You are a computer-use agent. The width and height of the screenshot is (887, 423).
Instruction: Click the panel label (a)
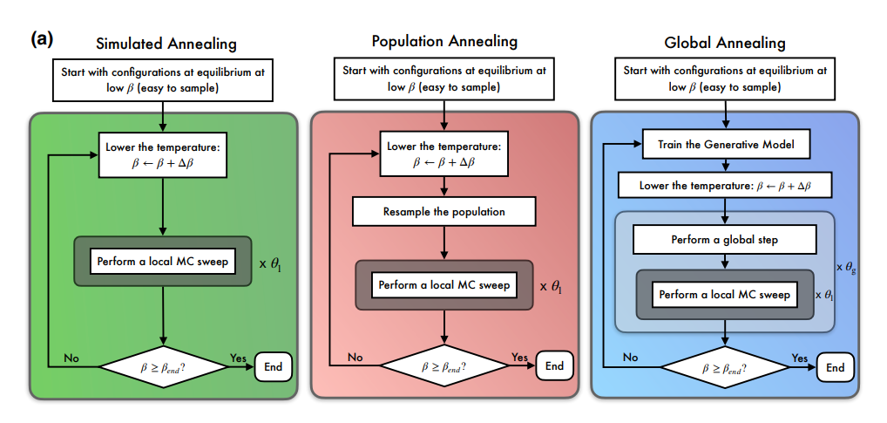click(43, 38)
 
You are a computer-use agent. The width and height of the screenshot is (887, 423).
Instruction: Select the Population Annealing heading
click(444, 41)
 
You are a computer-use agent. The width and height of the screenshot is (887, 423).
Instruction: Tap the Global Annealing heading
click(725, 42)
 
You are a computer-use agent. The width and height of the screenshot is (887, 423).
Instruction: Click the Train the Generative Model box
click(725, 145)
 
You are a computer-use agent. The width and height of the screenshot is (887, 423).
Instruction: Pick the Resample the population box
click(443, 211)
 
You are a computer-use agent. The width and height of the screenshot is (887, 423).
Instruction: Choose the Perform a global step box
click(725, 240)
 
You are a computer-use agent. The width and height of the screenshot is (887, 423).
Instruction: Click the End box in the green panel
click(273, 367)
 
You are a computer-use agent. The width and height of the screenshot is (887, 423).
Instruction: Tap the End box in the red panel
click(554, 366)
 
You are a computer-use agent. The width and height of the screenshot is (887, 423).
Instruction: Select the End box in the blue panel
click(835, 367)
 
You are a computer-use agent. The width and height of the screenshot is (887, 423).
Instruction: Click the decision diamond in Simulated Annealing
click(164, 367)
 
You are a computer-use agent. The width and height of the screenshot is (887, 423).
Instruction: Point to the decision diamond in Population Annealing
click(443, 366)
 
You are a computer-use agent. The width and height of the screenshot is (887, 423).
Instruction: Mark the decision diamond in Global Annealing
click(725, 367)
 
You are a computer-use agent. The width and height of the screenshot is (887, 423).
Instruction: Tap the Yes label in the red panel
click(519, 357)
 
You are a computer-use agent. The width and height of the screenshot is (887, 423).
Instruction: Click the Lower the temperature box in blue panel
click(725, 186)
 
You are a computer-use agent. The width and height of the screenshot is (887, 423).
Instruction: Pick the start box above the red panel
click(443, 78)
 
